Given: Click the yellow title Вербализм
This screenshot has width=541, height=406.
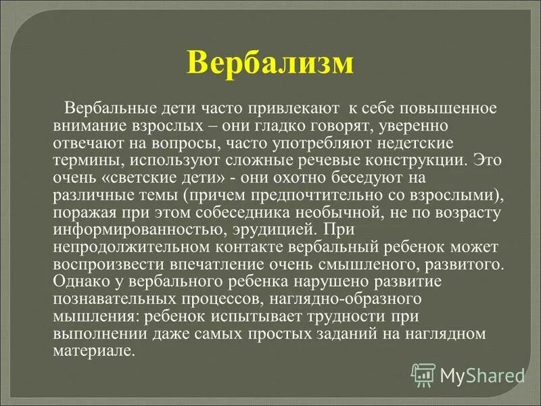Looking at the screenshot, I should (x=270, y=63).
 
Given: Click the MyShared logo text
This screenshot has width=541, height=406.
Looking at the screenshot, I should (x=483, y=374).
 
